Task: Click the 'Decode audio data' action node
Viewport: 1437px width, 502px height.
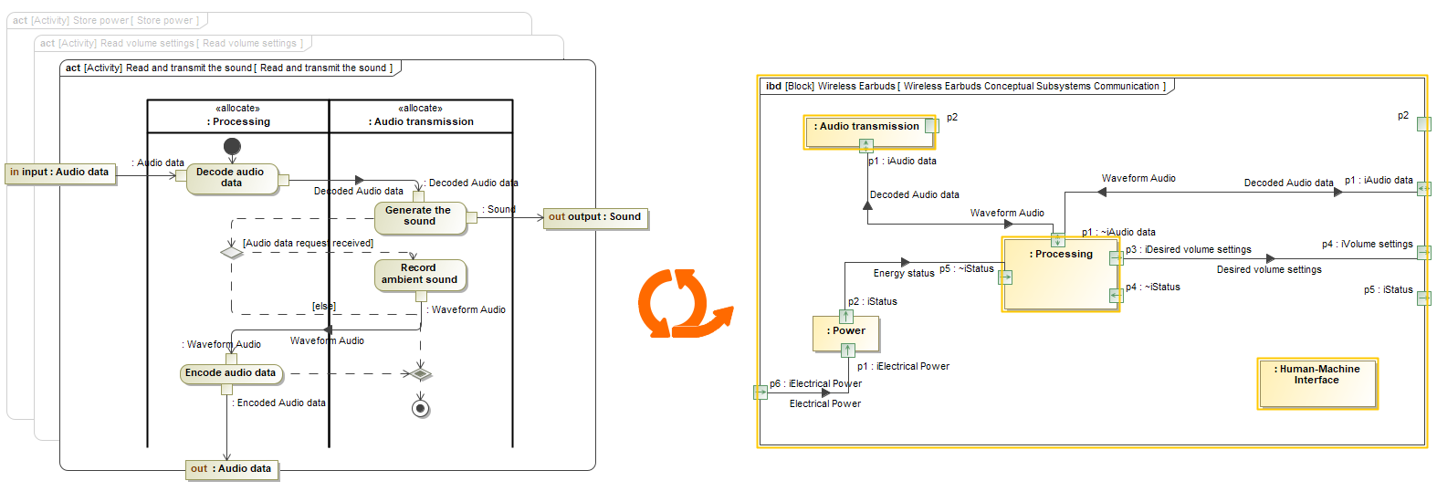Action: tap(231, 178)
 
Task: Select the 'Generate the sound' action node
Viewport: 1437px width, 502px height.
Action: tap(419, 216)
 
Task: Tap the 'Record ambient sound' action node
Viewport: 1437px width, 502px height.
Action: tap(420, 275)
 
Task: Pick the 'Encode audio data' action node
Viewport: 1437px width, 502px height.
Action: tap(231, 373)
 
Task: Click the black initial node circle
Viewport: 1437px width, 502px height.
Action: tap(232, 146)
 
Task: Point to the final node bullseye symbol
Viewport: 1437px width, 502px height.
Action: tap(420, 408)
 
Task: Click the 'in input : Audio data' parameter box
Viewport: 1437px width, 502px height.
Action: tap(60, 173)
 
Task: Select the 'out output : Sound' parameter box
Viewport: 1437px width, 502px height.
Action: tap(595, 217)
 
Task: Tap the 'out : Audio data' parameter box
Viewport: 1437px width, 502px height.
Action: tap(231, 469)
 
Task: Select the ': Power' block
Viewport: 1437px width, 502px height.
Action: tap(846, 334)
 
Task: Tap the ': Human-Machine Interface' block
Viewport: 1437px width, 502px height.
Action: tap(1316, 382)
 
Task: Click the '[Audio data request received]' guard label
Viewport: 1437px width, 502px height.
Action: tap(308, 244)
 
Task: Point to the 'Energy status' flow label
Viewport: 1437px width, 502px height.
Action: tap(904, 273)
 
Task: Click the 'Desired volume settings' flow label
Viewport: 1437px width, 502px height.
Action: tap(1269, 270)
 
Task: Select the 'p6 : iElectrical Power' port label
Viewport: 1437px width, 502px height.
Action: tap(815, 384)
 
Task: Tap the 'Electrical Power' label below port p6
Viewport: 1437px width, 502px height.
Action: tap(825, 404)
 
